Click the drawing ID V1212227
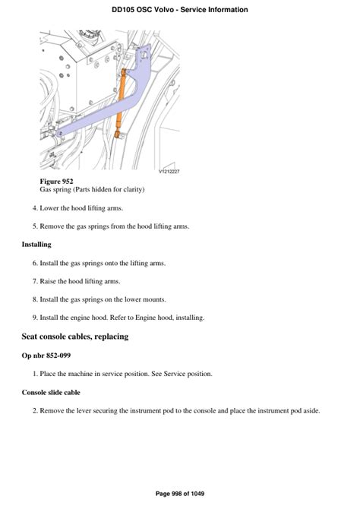169,172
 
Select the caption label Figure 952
56,182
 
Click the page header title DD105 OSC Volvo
143,10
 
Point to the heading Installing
36,245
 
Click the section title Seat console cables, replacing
75,337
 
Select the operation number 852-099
58,356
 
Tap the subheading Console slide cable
51,393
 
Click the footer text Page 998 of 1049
180,494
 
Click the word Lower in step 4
49,208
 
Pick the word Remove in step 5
52,226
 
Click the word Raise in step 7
48,281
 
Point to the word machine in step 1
81,374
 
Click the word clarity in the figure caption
132,190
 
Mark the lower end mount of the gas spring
118,134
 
